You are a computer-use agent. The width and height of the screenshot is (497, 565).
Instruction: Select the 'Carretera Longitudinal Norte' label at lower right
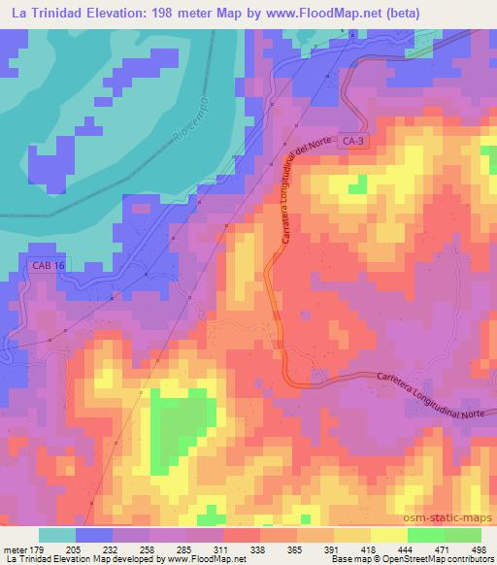[x=429, y=388]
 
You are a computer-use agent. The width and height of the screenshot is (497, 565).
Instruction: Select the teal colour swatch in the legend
[x=56, y=535]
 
